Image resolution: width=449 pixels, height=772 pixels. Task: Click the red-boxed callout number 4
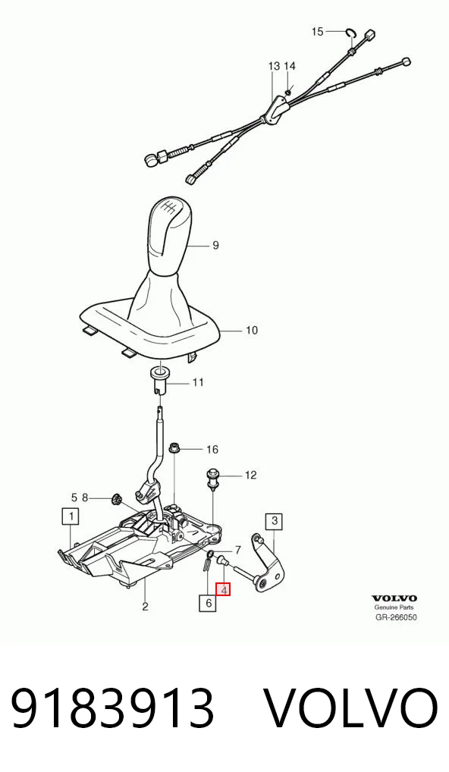[223, 588]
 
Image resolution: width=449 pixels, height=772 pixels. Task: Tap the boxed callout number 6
[209, 603]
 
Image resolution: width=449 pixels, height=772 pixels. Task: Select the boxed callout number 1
[71, 517]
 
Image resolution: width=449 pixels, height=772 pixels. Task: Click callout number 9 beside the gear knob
[215, 245]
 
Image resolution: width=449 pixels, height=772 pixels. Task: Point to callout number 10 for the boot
[252, 330]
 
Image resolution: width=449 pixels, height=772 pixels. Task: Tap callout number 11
[198, 382]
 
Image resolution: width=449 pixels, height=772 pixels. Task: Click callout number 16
[212, 450]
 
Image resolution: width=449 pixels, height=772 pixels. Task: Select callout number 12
[250, 475]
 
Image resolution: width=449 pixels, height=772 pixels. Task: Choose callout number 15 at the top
[318, 32]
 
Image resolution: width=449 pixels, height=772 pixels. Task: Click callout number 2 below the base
[145, 607]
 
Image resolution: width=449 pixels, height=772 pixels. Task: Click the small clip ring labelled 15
[351, 33]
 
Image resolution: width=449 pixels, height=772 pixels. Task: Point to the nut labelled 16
[173, 448]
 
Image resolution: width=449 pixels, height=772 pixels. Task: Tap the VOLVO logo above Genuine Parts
[394, 598]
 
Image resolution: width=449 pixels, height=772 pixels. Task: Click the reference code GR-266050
[396, 617]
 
